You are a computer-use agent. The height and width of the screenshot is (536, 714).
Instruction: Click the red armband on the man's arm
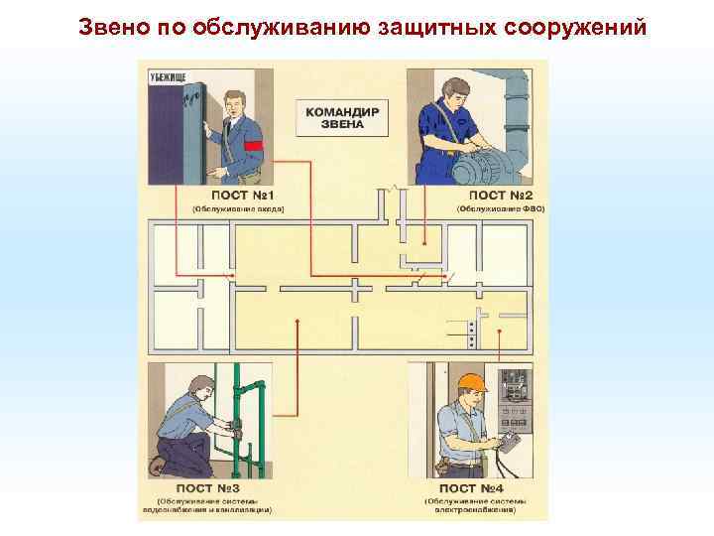[253, 147]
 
